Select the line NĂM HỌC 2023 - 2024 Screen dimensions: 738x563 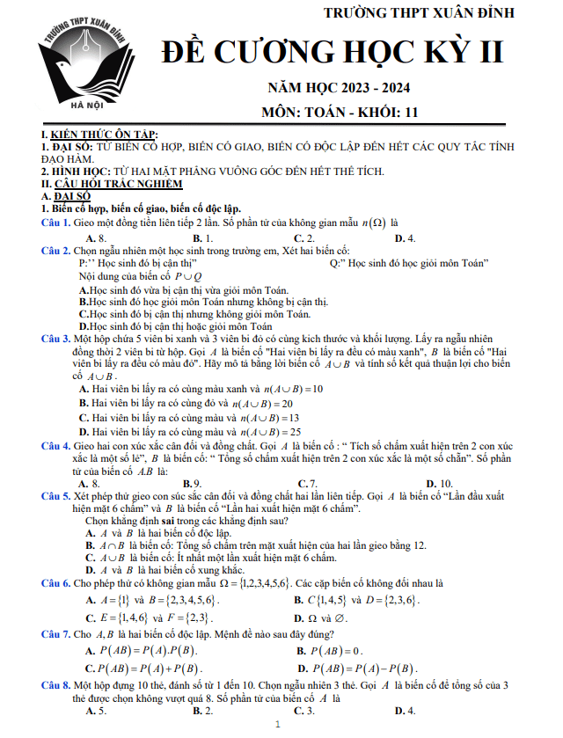click(x=339, y=88)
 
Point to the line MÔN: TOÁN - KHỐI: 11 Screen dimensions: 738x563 click(x=340, y=113)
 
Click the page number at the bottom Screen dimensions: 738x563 click(x=278, y=726)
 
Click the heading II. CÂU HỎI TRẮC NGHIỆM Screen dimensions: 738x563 click(x=106, y=184)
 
